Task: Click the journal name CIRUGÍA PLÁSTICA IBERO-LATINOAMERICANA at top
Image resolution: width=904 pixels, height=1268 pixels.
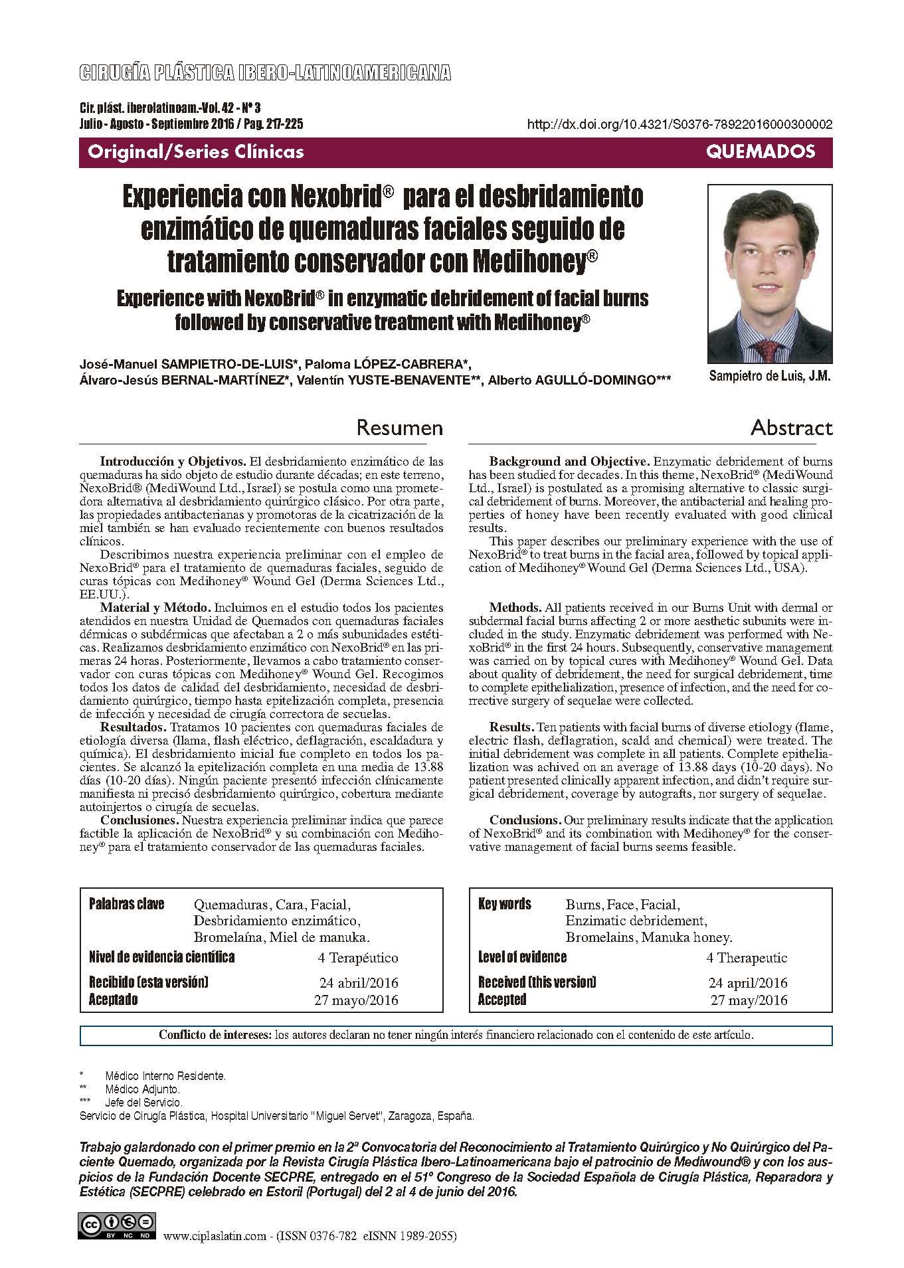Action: pos(265,73)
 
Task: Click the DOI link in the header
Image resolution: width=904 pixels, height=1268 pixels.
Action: pos(679,124)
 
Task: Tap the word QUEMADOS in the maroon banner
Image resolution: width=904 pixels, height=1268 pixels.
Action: pos(761,152)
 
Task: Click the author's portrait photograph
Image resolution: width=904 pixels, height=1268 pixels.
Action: pos(770,274)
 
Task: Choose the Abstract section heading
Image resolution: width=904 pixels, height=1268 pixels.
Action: pos(791,427)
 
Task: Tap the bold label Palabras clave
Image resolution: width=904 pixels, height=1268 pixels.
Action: pos(126,904)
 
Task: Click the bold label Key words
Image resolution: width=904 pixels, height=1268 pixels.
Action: pos(504,904)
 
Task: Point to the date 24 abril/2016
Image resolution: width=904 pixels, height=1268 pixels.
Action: pos(359,983)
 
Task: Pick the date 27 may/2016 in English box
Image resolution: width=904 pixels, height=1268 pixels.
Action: pos(749,1000)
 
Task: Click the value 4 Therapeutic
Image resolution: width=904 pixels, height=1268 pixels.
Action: pos(747,958)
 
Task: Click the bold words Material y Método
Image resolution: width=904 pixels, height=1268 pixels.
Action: pos(155,607)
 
